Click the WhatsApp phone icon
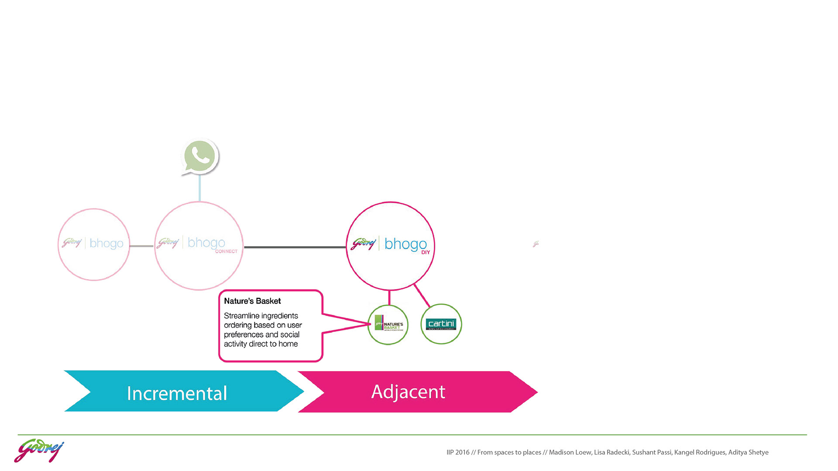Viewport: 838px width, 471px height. (x=200, y=156)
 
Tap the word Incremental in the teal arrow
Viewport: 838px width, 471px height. (x=177, y=393)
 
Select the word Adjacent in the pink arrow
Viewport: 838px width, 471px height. (x=408, y=392)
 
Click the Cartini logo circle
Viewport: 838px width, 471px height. (x=441, y=324)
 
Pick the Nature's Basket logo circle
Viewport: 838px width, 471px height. (x=388, y=325)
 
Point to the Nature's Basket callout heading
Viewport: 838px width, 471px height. (x=252, y=301)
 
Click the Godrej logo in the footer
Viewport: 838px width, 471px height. (x=39, y=450)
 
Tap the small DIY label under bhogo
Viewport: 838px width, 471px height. (x=426, y=253)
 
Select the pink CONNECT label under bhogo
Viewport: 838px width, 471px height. (x=226, y=251)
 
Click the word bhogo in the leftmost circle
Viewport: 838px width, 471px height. (x=106, y=243)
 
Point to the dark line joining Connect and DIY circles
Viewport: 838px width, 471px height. (x=295, y=247)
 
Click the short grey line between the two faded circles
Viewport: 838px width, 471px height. (x=142, y=246)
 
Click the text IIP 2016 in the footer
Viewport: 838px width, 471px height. (x=458, y=452)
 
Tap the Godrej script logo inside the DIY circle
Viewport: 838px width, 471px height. (x=364, y=243)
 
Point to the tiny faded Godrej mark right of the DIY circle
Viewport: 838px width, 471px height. (x=536, y=244)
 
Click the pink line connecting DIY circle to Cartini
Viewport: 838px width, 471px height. (x=422, y=295)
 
